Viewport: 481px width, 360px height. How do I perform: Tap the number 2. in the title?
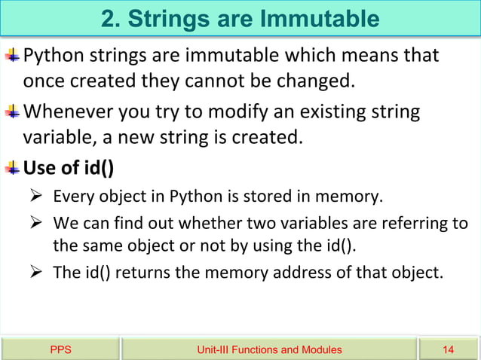pyautogui.click(x=113, y=18)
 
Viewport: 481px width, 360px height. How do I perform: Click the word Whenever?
pyautogui.click(x=66, y=113)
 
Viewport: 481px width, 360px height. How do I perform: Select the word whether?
pyautogui.click(x=201, y=224)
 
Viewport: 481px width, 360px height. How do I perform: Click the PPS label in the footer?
pyautogui.click(x=60, y=349)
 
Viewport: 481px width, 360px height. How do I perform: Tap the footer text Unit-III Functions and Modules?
pyautogui.click(x=268, y=349)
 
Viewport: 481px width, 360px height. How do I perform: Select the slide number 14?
pyautogui.click(x=449, y=349)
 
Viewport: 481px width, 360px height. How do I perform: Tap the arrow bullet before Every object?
pyautogui.click(x=35, y=198)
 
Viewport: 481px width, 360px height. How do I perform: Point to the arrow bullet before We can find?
pyautogui.click(x=35, y=224)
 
